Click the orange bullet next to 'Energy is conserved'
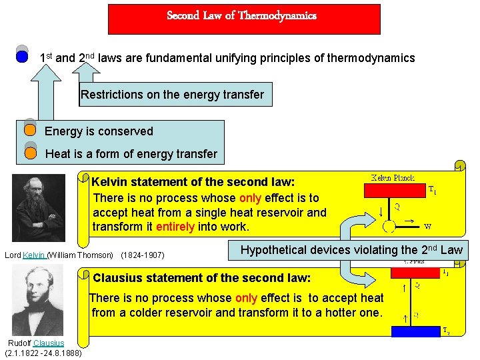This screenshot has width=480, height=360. pyautogui.click(x=30, y=130)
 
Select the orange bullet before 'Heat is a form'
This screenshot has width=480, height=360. pyautogui.click(x=30, y=153)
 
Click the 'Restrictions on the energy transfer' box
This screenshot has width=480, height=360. pyautogui.click(x=172, y=95)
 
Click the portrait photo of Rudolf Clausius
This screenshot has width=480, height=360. pyautogui.click(x=43, y=297)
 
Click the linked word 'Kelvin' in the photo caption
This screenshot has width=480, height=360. pyautogui.click(x=34, y=255)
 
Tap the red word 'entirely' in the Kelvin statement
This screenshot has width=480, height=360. pyautogui.click(x=175, y=227)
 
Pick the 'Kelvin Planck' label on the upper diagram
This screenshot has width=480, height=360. pyautogui.click(x=393, y=178)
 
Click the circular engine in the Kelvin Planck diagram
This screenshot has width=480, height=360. pyautogui.click(x=389, y=227)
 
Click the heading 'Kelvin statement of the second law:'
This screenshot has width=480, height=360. pyautogui.click(x=193, y=182)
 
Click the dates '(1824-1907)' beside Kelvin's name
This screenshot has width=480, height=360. pyautogui.click(x=143, y=255)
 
